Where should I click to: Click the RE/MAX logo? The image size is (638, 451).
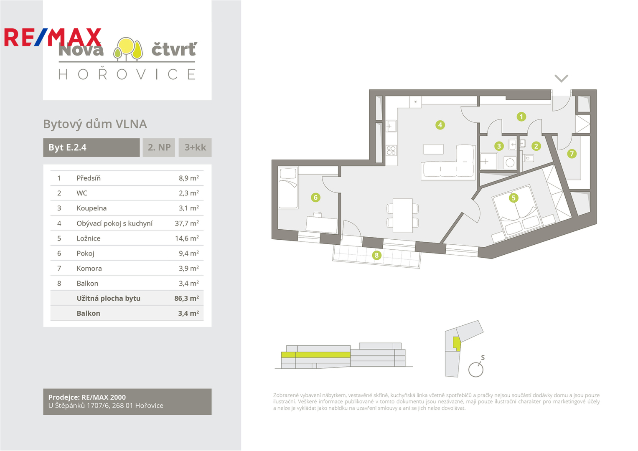coord(53,37)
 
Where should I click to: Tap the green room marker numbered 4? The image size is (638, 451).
coord(440,125)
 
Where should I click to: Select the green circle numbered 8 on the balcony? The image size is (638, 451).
coord(377,255)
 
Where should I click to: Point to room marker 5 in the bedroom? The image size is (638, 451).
coord(513,198)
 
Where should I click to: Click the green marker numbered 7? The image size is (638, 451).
coord(572,154)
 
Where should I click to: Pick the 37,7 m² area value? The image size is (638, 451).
coord(186,223)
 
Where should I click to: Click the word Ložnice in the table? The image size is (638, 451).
coord(88,238)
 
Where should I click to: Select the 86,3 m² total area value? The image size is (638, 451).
coord(186,299)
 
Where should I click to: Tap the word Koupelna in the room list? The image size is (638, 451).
coord(92,208)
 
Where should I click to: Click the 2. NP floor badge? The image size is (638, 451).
coord(159,147)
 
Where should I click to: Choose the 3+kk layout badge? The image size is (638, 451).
coord(195,147)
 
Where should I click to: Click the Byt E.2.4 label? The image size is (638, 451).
coord(68,147)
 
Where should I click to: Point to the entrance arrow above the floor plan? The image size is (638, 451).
coord(561,79)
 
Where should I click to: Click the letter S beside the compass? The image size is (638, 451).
coord(483,357)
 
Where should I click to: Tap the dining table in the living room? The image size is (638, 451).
coord(403,215)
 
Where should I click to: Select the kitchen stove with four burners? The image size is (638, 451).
coord(391,150)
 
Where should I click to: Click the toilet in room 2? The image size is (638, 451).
coord(529,158)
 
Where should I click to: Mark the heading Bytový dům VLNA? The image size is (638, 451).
coord(95,124)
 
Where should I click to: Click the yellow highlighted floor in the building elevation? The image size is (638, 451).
coord(315,355)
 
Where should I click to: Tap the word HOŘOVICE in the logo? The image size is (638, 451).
coord(127,74)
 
